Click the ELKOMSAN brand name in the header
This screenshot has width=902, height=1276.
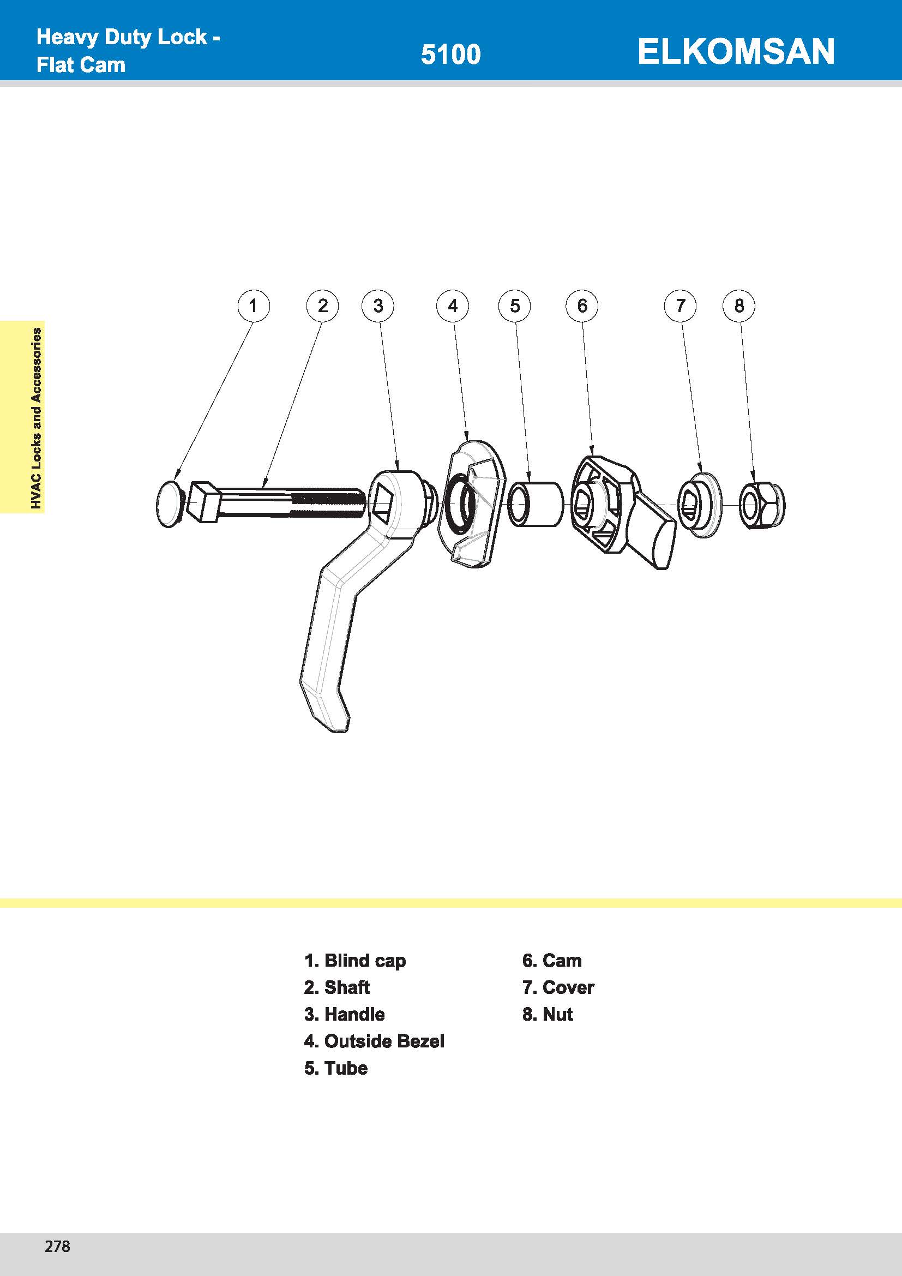click(735, 52)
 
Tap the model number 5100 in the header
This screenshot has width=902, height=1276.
click(450, 55)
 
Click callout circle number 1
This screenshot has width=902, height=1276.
click(253, 305)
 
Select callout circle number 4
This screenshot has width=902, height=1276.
click(453, 305)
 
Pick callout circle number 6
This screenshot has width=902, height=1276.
click(581, 305)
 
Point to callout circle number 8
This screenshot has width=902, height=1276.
click(739, 305)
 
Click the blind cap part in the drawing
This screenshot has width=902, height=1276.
click(169, 504)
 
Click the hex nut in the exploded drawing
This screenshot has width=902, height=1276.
click(761, 505)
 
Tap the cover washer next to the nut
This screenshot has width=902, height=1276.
click(700, 505)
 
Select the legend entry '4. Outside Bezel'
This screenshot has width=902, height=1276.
click(374, 1041)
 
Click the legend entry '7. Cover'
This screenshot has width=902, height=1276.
click(558, 987)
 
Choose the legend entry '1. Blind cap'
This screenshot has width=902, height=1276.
click(355, 960)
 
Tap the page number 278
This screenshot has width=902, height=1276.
click(57, 1246)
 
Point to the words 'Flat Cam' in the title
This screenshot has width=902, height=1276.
click(81, 65)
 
